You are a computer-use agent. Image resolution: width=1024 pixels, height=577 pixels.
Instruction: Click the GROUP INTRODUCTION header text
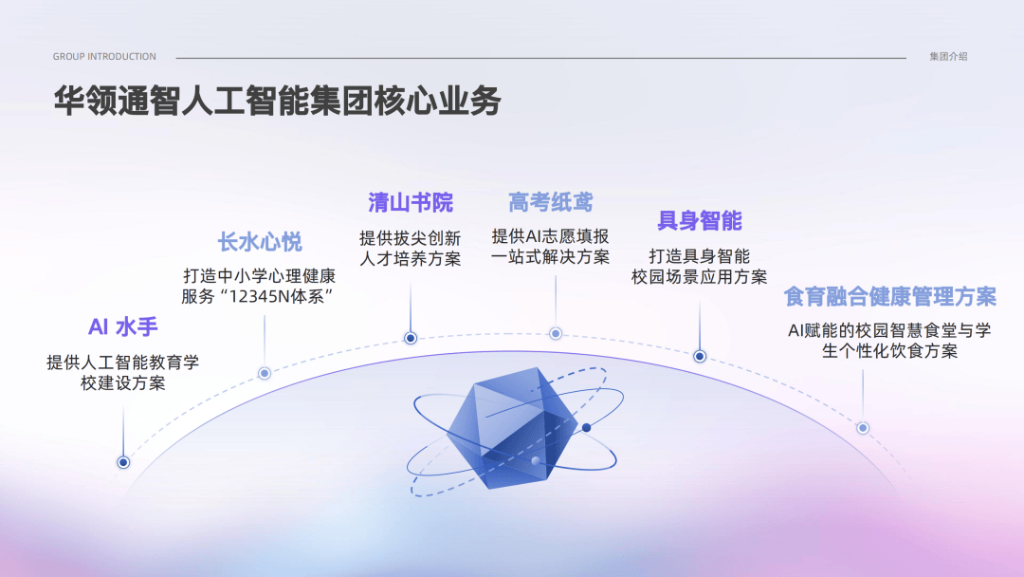pos(104,57)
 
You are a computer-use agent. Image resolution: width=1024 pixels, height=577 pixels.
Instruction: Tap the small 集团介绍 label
pos(948,57)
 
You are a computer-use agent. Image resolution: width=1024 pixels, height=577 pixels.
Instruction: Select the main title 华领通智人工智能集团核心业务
pos(278,101)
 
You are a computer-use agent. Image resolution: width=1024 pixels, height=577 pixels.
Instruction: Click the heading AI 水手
pos(122,326)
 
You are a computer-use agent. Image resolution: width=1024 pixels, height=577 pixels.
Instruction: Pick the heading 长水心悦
pos(260,242)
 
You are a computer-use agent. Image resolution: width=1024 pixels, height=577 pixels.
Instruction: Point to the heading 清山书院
pos(411,202)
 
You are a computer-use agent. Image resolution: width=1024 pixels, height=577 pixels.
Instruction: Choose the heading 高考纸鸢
pos(551,202)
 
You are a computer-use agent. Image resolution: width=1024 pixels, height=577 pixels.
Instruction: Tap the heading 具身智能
pos(700,221)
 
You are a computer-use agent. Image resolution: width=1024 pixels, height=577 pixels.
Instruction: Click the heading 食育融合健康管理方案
pos(890,297)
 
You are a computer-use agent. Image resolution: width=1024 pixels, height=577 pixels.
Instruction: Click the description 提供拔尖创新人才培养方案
pos(411,249)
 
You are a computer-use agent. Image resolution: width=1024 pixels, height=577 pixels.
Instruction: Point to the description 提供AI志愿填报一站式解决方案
pos(551,247)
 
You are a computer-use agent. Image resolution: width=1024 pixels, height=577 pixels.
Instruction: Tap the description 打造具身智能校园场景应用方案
pos(700,267)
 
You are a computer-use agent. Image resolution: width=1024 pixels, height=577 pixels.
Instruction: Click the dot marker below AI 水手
pos(122,463)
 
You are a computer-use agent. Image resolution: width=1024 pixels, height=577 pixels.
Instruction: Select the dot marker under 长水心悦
pos(265,373)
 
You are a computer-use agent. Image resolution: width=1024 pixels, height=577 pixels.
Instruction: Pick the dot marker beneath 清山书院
pos(411,338)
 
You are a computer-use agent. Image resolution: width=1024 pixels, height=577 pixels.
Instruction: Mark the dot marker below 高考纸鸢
pos(556,333)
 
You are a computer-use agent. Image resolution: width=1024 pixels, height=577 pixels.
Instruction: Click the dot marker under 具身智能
pos(700,356)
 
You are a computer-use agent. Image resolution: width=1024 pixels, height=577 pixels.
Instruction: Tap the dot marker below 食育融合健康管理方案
pos(863,428)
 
